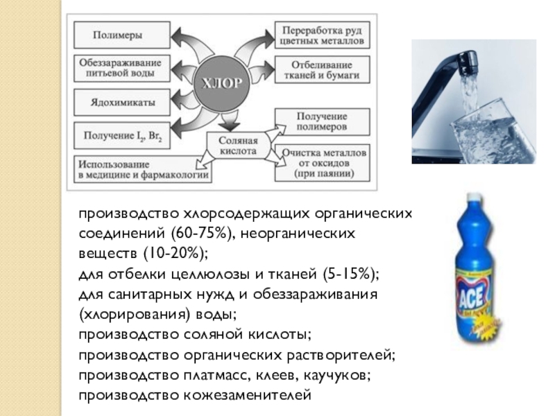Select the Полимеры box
click(121, 35)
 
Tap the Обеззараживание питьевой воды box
click(121, 67)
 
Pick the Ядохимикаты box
click(121, 102)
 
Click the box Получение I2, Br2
click(121, 135)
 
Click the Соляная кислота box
click(237, 146)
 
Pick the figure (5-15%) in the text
click(349, 270)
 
